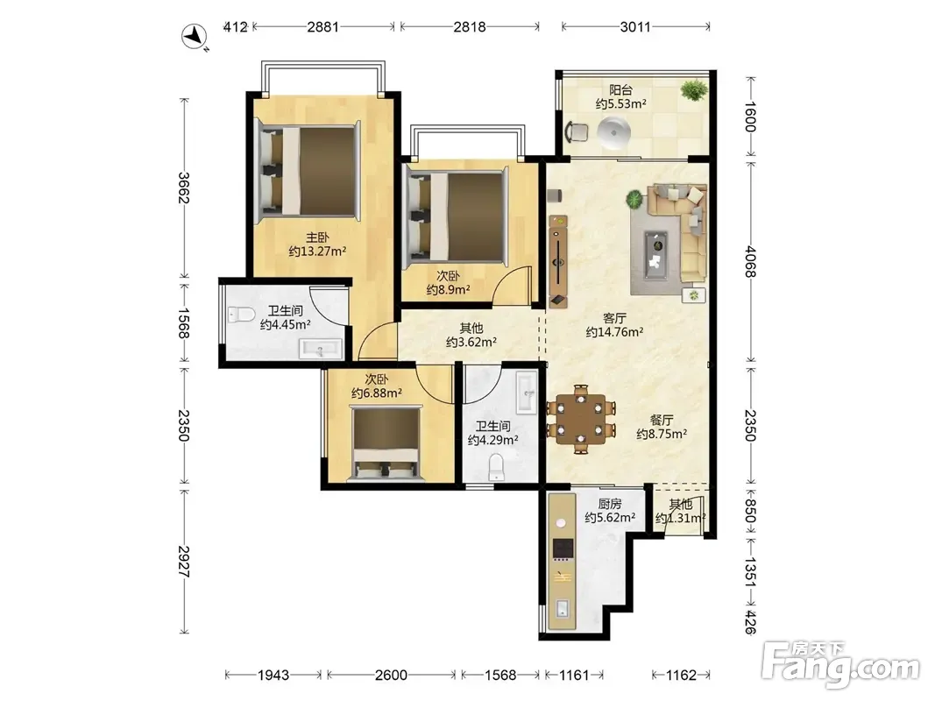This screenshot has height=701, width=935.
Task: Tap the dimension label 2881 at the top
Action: tap(323, 27)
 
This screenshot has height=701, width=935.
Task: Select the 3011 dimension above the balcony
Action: tap(635, 27)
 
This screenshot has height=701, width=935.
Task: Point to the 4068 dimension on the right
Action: tap(750, 261)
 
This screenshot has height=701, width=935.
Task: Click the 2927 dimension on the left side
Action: tap(184, 561)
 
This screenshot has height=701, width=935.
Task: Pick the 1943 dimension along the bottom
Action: tap(273, 675)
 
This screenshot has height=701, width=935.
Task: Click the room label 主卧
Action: tap(317, 237)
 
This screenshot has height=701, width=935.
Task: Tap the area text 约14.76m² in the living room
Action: tap(614, 332)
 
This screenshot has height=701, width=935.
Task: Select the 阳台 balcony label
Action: tap(620, 90)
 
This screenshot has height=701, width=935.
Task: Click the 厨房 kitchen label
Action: tap(609, 505)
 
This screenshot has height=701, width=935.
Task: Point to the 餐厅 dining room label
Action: tap(662, 421)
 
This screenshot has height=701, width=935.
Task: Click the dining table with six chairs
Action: tap(581, 420)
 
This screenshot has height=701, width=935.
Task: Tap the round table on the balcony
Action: tap(614, 131)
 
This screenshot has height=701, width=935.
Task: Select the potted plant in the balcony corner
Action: tap(694, 90)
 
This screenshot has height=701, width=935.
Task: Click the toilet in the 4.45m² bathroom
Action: tap(241, 315)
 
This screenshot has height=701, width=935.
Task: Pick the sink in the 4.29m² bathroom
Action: tap(528, 392)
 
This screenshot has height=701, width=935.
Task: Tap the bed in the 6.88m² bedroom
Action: tap(386, 443)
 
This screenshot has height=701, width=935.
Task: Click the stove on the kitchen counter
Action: tap(563, 549)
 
